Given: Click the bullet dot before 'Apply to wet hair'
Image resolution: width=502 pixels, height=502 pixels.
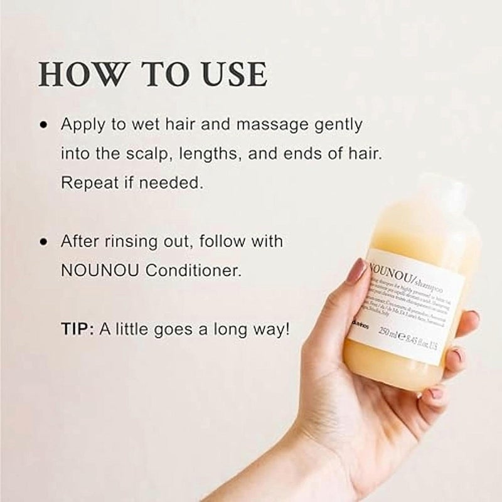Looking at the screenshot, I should pos(43,125).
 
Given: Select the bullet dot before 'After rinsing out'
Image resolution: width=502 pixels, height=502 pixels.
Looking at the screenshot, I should pos(43,242).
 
